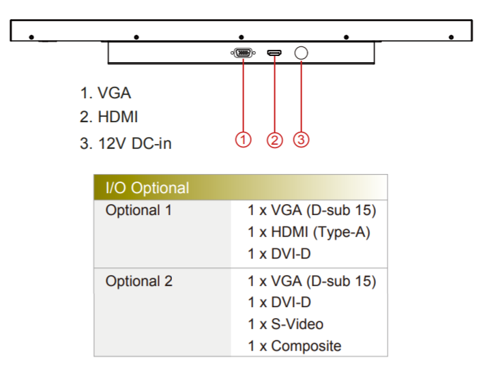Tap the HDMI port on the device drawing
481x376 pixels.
pos(274,53)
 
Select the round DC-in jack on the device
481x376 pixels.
pos(302,53)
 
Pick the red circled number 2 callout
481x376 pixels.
pos(274,140)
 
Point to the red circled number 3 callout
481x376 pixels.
pos(302,140)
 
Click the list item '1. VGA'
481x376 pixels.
pos(105,93)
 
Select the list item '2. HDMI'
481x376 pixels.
pos(108,117)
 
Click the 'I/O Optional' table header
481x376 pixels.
pos(147,188)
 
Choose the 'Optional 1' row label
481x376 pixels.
pos(139,210)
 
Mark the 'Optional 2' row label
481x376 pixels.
pos(139,281)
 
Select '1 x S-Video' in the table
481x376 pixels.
pos(286,324)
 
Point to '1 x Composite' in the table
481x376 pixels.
pos(295,346)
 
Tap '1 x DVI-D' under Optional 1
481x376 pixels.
pos(280,255)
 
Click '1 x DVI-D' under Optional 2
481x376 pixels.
pos(280,302)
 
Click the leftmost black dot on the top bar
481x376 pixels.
pos(31,36)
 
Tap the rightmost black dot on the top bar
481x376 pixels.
pos(451,36)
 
